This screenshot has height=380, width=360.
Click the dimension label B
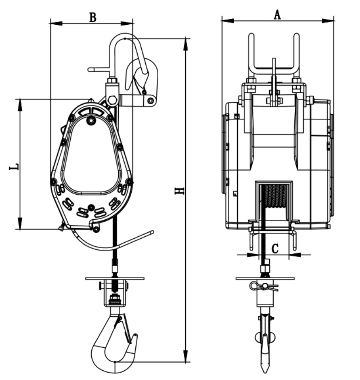93,17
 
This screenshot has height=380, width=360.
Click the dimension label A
277,15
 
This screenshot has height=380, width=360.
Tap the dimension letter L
15,166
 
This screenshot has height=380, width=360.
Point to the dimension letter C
275,248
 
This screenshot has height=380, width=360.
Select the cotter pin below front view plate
264,287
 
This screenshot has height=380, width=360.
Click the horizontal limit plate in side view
115,278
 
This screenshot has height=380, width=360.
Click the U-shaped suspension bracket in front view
274,55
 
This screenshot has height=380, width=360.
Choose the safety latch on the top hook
138,76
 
